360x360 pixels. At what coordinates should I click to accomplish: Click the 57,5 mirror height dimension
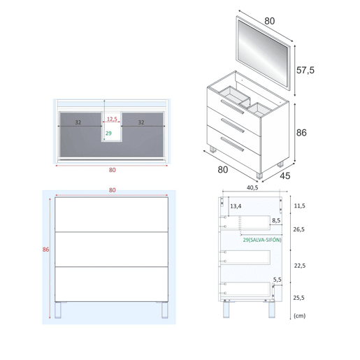(x=305, y=70)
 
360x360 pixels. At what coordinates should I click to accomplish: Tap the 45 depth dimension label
(x=285, y=176)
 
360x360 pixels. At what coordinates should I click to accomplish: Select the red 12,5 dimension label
(x=112, y=119)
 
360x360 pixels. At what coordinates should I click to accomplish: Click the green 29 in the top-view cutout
(x=108, y=134)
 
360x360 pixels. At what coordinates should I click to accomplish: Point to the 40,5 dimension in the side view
(x=252, y=187)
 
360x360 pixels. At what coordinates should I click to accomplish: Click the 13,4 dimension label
(x=236, y=206)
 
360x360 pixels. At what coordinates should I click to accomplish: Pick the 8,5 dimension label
(x=276, y=220)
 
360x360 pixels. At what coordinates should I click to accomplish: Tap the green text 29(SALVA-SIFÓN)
(x=262, y=240)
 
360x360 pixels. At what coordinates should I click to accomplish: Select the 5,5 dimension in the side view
(x=277, y=280)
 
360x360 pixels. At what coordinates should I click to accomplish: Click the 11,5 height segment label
(x=299, y=206)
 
